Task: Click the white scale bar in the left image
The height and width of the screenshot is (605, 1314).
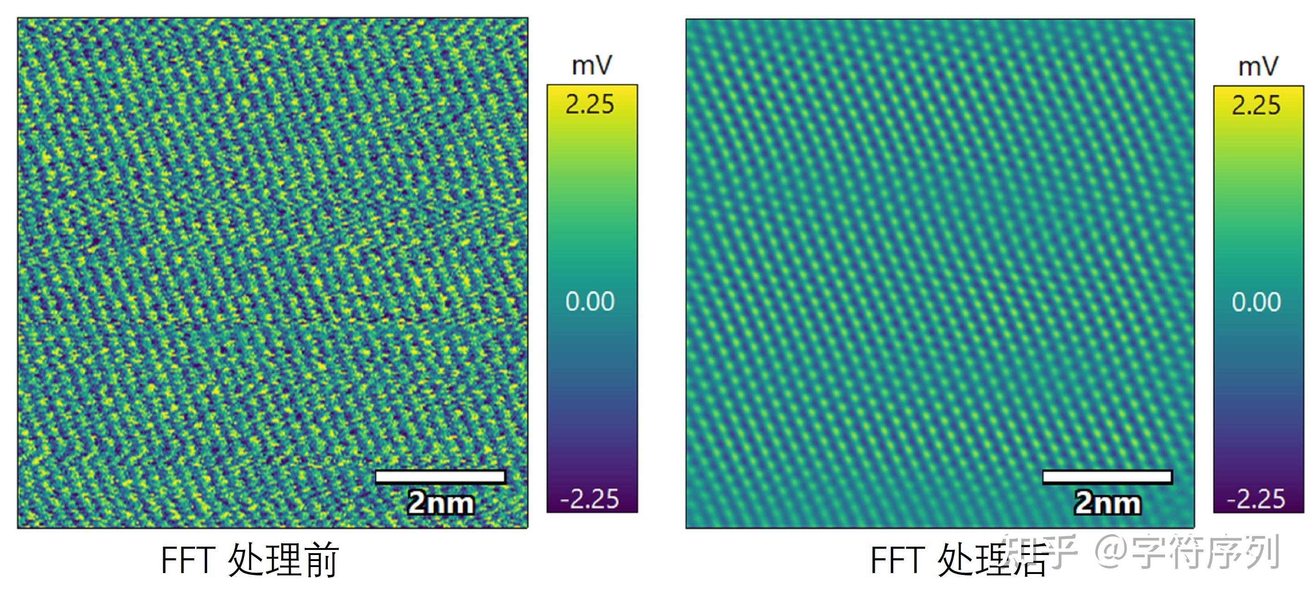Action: click(440, 476)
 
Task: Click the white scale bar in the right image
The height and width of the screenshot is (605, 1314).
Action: click(1107, 477)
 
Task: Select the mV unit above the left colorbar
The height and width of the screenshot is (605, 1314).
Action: click(592, 65)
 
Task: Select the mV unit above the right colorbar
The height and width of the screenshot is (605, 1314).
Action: click(1259, 66)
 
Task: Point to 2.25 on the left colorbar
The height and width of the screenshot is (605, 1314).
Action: click(589, 104)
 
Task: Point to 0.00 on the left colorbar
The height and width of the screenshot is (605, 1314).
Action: click(590, 301)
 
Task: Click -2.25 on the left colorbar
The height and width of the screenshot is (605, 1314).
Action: click(589, 499)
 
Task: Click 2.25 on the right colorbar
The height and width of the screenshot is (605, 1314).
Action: click(1256, 105)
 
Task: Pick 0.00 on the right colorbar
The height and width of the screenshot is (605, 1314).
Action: click(1256, 302)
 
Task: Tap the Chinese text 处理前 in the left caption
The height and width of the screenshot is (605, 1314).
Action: click(283, 560)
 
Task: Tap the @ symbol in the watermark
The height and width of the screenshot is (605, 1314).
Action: click(1111, 551)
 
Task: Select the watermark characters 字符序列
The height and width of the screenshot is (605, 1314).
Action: click(1206, 551)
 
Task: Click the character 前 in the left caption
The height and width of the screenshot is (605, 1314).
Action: click(320, 560)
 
